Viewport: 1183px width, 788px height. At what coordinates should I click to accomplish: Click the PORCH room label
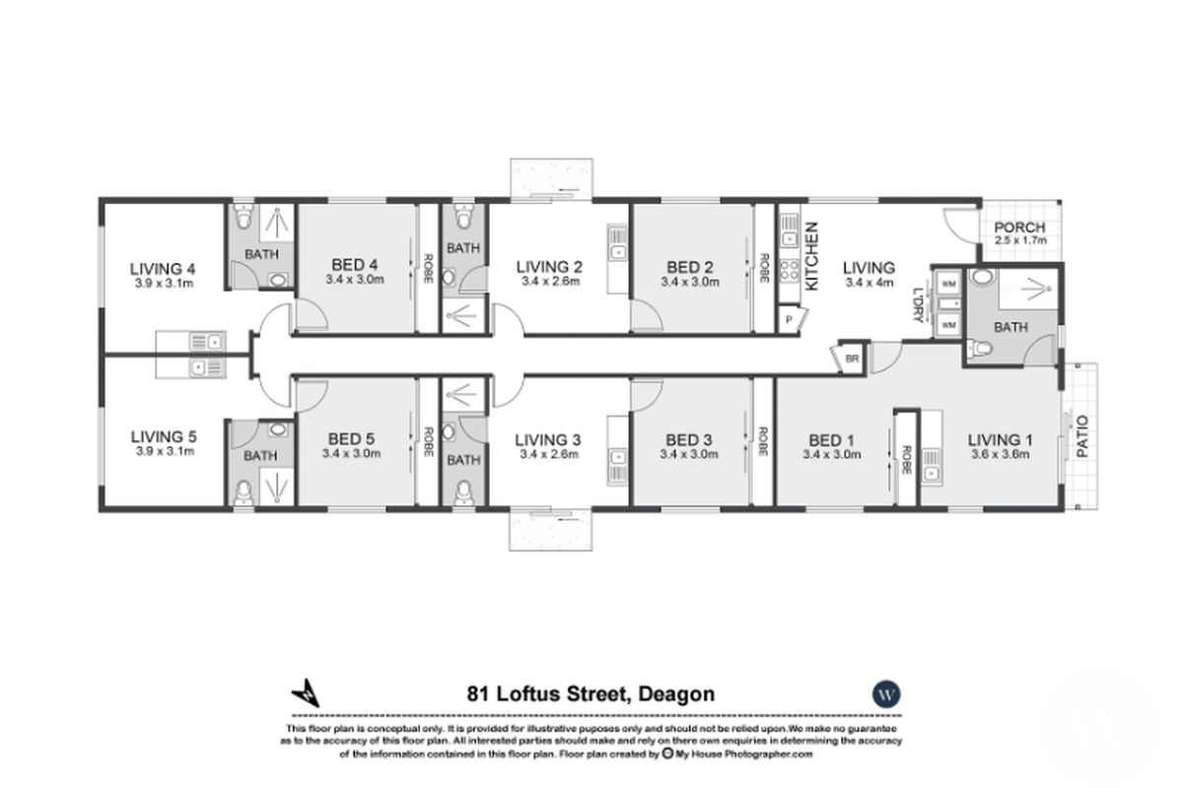click(x=1019, y=228)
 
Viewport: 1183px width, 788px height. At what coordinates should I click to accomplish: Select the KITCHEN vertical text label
click(x=813, y=256)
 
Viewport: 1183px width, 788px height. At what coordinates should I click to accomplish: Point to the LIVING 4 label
click(x=163, y=268)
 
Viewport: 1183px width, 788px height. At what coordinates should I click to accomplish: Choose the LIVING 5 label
click(x=163, y=436)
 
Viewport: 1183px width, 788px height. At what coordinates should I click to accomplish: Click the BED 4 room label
click(x=355, y=264)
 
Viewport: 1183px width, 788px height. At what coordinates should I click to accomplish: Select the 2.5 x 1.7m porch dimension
click(x=1019, y=241)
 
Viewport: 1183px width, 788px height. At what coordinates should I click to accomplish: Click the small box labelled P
click(x=790, y=320)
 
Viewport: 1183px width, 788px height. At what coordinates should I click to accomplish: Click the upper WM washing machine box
click(x=948, y=285)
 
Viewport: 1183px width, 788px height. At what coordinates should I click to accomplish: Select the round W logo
click(x=886, y=692)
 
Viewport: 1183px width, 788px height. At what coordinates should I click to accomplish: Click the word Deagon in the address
click(x=675, y=694)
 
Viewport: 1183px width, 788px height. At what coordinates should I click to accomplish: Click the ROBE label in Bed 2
click(x=764, y=267)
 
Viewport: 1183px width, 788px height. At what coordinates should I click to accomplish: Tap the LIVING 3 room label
click(x=549, y=439)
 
